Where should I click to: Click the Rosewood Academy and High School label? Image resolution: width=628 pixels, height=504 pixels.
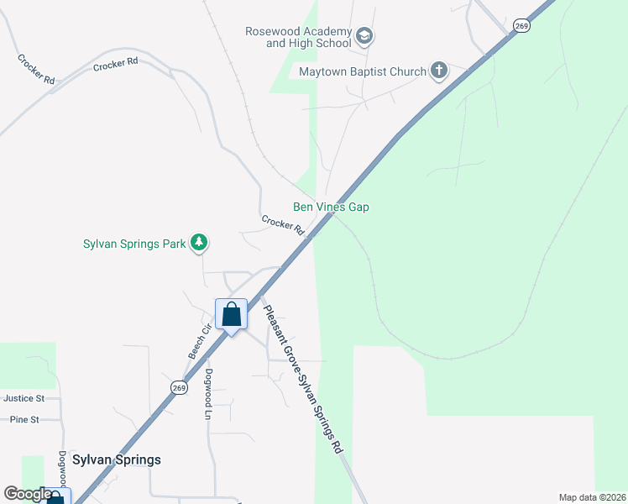pos(297,37)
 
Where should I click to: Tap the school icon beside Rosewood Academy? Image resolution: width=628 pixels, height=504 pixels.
pos(364,36)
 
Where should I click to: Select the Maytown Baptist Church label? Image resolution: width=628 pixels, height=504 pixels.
pos(363,71)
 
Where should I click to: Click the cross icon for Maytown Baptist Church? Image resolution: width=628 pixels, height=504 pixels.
pos(439,71)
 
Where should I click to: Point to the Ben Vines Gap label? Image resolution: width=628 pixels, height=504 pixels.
pos(331,207)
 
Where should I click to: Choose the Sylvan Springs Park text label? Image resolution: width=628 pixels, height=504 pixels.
pos(134,244)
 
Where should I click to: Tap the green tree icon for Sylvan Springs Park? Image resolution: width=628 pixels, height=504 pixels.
pos(199,244)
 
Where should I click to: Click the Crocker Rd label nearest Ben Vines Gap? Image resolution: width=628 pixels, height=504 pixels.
pos(282,225)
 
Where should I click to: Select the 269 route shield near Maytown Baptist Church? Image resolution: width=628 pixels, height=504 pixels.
pos(521,26)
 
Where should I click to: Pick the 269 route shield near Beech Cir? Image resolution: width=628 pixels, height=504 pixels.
pos(179,386)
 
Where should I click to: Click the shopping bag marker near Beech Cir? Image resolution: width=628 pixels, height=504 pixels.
pos(232,315)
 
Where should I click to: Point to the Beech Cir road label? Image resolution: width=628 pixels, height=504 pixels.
pos(197,342)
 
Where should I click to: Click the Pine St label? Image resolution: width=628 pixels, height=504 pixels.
pos(24,419)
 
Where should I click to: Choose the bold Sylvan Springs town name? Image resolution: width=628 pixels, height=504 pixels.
pos(116,459)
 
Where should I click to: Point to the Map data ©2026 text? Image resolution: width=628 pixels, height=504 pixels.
pos(591,497)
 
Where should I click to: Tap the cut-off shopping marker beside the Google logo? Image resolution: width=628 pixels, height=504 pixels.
pos(55,497)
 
